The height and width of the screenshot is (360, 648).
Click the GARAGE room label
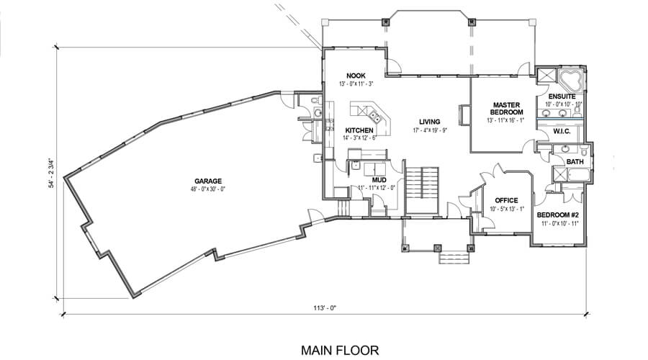208,181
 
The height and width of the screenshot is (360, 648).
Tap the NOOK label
356,76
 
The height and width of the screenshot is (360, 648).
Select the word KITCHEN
359,130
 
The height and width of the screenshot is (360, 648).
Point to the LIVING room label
429,122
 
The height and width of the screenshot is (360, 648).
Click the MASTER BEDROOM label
506,109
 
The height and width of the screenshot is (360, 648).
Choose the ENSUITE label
562,96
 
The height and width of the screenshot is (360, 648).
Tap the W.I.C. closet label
562,132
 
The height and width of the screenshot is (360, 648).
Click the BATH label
575,161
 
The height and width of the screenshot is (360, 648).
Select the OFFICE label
506,200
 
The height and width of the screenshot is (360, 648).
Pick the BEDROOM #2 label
557,215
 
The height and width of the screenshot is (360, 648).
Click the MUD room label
379,180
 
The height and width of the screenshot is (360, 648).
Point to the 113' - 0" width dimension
325,307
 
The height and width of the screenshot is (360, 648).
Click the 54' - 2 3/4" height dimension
52,173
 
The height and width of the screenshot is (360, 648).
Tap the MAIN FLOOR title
340,351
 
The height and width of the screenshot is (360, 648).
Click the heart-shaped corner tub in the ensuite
570,81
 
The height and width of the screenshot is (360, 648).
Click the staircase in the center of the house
421,191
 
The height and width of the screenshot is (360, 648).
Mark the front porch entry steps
454,258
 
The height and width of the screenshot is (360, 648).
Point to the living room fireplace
464,114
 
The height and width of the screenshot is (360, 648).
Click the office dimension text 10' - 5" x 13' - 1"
507,209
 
